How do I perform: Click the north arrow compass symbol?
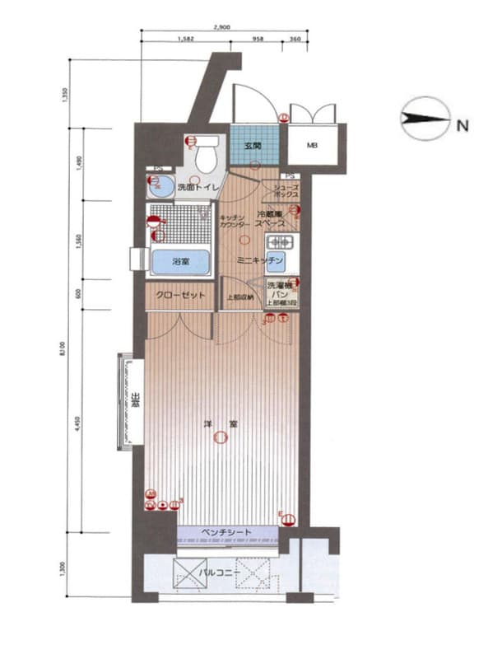point(422,122)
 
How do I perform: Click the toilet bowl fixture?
point(206,154)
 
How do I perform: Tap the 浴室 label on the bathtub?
point(182,262)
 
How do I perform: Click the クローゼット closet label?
point(181,295)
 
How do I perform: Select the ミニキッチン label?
point(260,260)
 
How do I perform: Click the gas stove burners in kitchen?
point(279,243)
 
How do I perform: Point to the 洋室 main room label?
point(221,425)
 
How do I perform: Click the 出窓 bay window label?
point(133,404)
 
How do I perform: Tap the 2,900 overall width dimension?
point(221,27)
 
